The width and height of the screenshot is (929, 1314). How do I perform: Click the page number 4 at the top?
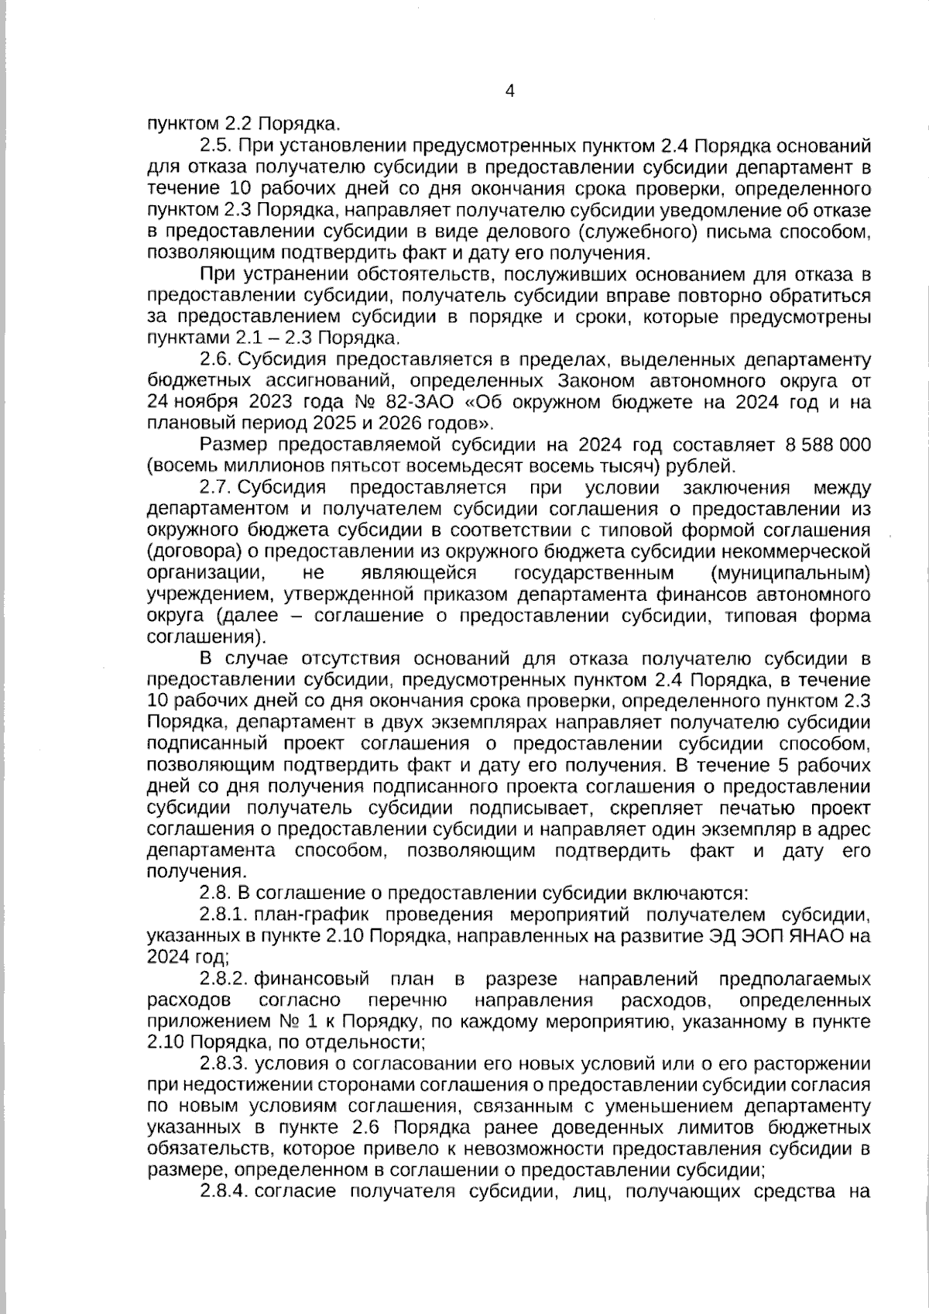pos(509,91)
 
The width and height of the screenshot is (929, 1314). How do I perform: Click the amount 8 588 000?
pos(828,445)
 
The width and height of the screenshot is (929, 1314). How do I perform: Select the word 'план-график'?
pos(307,914)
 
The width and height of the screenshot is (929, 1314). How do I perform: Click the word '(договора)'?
pos(189,552)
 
